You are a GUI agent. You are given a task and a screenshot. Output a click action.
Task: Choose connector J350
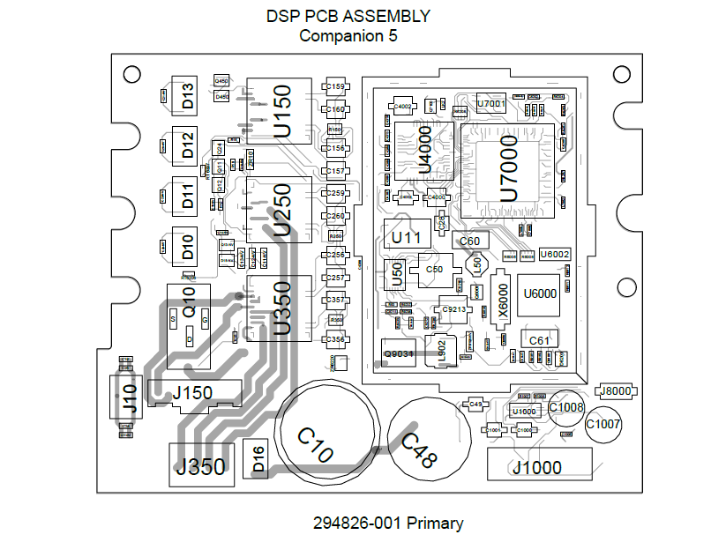[201, 465]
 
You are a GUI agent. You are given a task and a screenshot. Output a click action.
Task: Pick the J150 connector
[193, 392]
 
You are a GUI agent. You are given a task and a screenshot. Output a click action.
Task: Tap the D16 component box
[257, 457]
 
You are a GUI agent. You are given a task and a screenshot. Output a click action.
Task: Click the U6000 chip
[540, 293]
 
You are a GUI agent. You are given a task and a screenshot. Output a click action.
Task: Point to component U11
[406, 236]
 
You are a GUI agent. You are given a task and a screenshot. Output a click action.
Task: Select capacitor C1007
[604, 424]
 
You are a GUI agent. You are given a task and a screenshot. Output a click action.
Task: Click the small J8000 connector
[614, 390]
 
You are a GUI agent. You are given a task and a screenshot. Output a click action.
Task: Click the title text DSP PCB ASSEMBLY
[348, 16]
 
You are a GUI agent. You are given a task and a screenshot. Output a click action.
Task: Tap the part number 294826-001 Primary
[388, 523]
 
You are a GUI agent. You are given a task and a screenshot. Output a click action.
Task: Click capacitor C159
[335, 87]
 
